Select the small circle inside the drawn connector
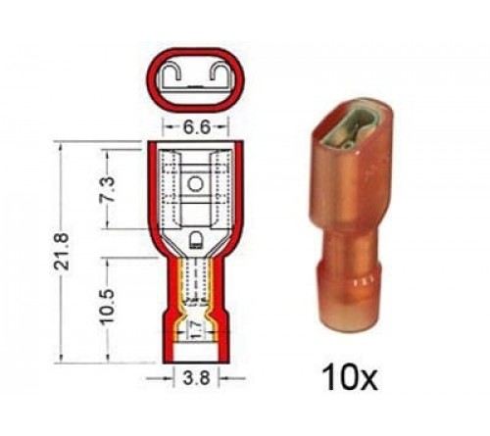[x=195, y=183]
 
